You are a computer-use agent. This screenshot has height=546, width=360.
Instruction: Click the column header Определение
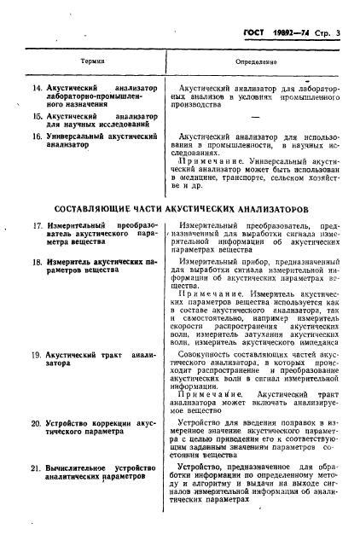[x=255, y=62]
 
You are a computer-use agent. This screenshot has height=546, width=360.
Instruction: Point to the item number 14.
[x=35, y=88]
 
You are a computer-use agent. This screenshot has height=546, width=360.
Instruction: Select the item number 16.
[x=35, y=136]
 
